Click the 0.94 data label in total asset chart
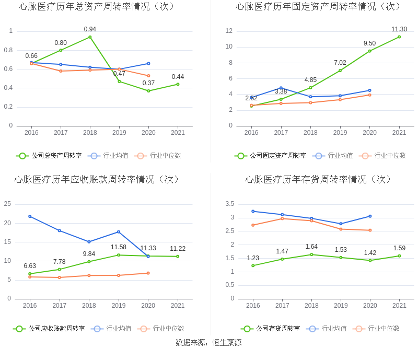click(90, 29)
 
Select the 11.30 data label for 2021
click(399, 29)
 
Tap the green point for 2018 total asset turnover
click(90, 37)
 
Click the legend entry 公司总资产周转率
click(49, 155)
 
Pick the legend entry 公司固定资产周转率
click(271, 155)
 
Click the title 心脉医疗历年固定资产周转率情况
click(318, 7)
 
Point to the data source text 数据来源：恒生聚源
click(209, 343)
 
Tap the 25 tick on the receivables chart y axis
click(7, 204)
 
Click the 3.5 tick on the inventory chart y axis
click(229, 204)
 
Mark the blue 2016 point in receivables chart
click(30, 216)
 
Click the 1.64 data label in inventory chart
click(312, 247)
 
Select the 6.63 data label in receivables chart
click(30, 266)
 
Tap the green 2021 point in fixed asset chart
click(399, 37)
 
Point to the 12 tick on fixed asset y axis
click(229, 31)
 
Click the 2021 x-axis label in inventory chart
click(399, 306)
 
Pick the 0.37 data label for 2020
click(148, 83)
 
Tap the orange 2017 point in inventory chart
click(282, 218)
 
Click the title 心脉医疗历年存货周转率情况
click(318, 180)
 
